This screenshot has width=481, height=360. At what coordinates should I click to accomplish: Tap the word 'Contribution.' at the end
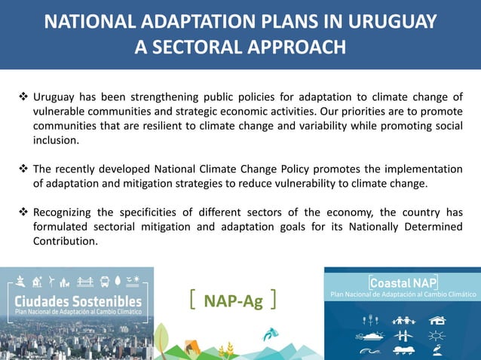[x=66, y=242]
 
